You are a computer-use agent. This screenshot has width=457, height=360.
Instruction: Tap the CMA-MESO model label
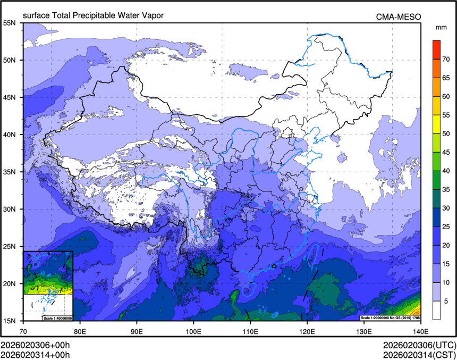(399, 17)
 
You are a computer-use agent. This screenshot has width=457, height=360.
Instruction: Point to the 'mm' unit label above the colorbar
(441, 27)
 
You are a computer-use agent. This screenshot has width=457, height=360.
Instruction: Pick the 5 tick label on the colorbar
(446, 300)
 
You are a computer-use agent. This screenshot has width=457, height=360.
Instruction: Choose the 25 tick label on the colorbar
(446, 227)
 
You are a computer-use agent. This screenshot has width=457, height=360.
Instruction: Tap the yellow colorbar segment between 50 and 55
(436, 124)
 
